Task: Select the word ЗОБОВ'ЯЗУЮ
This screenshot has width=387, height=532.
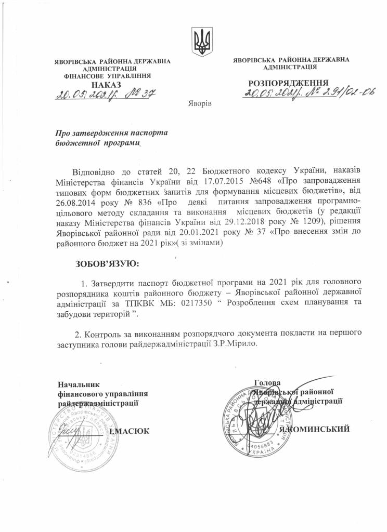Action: tap(108, 264)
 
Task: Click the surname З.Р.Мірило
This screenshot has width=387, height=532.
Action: tap(237, 343)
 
